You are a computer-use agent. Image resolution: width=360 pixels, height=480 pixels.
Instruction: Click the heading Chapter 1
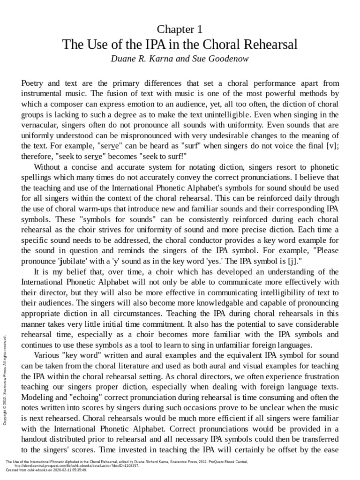pyautogui.click(x=180, y=30)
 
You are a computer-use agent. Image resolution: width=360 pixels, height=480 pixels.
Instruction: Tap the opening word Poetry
pyautogui.click(x=34, y=83)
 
